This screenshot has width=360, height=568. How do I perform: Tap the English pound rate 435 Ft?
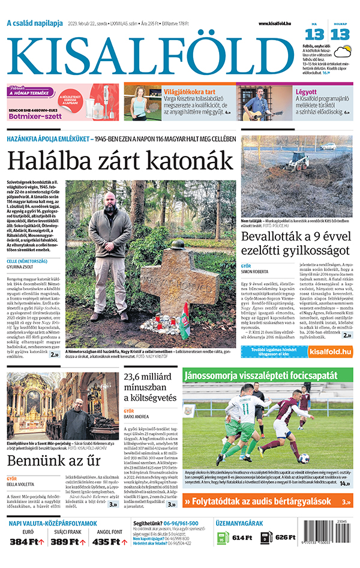108,542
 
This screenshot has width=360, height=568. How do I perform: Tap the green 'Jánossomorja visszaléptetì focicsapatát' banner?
268,375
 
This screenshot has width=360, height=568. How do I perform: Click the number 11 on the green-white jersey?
245,409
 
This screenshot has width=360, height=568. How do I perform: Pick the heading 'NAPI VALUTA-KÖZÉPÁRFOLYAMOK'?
53,523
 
